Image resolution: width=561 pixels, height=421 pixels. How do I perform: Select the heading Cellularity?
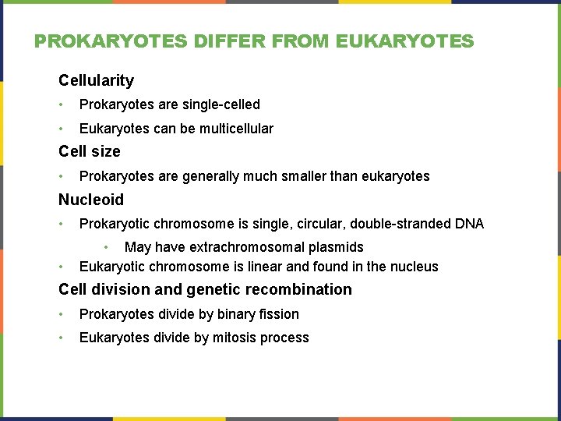96,80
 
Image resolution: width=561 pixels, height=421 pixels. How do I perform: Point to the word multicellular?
237,129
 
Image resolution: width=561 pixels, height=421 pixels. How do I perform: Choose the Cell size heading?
90,151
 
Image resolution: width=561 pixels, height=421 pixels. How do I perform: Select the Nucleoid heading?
91,200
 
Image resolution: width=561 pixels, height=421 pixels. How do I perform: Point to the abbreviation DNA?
468,224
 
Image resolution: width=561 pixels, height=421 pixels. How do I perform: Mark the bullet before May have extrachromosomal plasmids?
108,247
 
